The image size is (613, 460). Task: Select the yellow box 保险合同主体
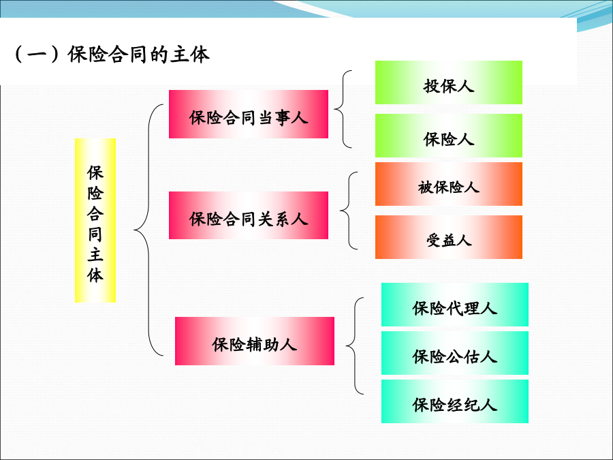(x=95, y=220)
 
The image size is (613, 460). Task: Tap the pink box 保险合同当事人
(x=249, y=114)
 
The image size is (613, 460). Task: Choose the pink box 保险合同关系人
(x=249, y=215)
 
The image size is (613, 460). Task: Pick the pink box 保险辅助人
(x=255, y=341)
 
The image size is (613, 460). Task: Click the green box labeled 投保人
(x=449, y=82)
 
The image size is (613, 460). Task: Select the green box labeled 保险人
(x=449, y=136)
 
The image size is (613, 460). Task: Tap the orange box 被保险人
(x=449, y=184)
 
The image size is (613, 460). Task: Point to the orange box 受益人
(x=449, y=237)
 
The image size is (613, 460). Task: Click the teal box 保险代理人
(x=455, y=305)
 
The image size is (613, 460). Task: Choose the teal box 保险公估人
(x=455, y=353)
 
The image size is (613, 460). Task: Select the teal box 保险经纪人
(x=455, y=401)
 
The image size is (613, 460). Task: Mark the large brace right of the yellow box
(x=148, y=230)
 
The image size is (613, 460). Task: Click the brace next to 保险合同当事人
(x=343, y=109)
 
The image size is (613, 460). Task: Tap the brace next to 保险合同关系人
(x=349, y=211)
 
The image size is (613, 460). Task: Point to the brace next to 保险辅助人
(x=355, y=346)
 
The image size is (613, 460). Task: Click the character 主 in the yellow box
(x=95, y=255)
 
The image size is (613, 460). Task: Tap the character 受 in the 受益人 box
(x=434, y=240)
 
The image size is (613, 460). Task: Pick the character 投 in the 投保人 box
(x=431, y=86)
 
